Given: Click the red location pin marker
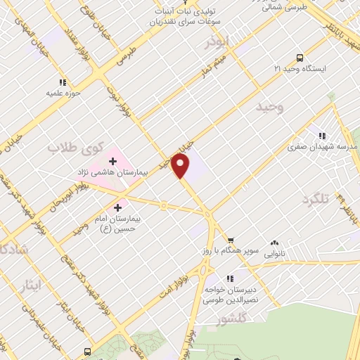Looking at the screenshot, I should (181, 166).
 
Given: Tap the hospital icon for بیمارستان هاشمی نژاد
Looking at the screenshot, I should (112, 162).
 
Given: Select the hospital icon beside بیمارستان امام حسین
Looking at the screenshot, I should (117, 207).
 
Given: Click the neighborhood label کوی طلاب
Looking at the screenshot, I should (75, 148).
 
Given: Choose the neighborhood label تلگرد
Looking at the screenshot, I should (315, 200).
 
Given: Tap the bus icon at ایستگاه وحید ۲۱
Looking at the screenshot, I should (300, 58).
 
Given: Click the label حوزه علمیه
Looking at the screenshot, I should (65, 92).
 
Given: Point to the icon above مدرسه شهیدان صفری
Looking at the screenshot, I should (322, 136).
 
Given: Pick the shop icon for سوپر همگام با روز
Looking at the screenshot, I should (231, 240).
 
